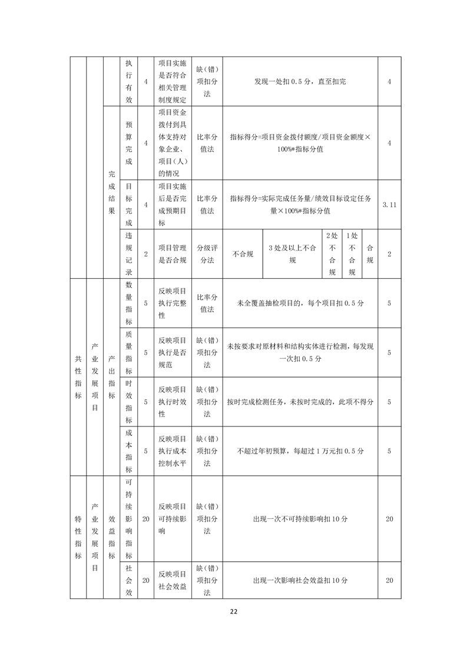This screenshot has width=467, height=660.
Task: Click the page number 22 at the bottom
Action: (234, 612)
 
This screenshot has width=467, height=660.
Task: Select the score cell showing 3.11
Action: (389, 204)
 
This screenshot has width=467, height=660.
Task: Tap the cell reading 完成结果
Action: (112, 192)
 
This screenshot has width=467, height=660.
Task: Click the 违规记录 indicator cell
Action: (129, 254)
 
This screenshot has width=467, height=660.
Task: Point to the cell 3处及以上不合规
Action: (292, 254)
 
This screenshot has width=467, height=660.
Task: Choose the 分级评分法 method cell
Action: (207, 254)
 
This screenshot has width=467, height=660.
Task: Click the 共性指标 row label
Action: (78, 376)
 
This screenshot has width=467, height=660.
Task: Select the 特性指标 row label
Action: (78, 536)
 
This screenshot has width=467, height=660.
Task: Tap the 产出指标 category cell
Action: (112, 376)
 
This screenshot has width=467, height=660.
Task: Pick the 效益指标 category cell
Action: (112, 536)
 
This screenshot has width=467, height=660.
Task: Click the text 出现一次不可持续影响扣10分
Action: (300, 519)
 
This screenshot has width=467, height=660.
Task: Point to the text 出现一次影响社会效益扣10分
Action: (300, 580)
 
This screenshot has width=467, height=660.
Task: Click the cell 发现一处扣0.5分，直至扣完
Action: (300, 81)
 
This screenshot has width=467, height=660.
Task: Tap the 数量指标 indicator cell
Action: (129, 303)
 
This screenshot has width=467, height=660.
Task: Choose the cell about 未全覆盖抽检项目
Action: (300, 303)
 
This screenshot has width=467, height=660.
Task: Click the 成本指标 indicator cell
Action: (129, 451)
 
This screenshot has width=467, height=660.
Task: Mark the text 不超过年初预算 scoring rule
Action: (300, 451)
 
